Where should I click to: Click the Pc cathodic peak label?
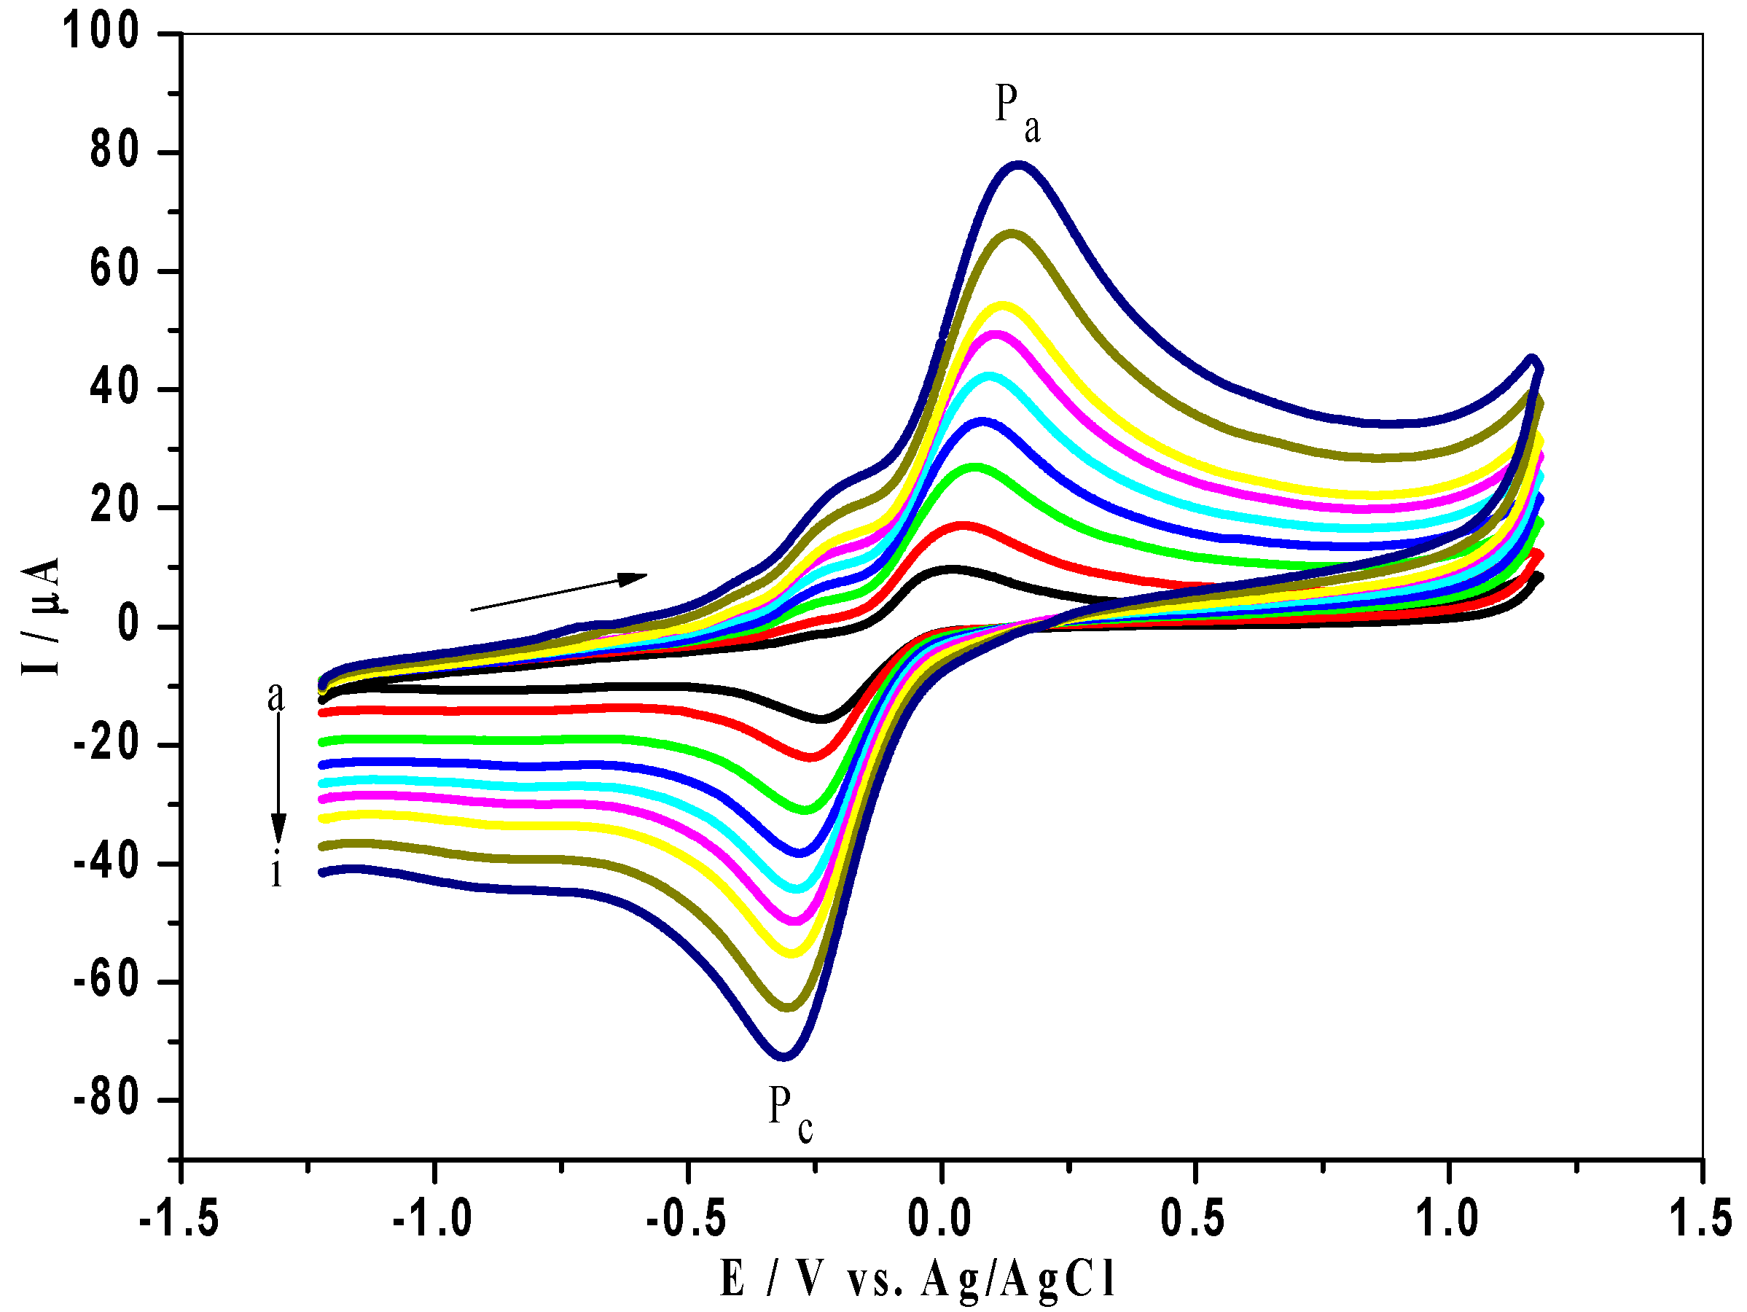coord(790,1113)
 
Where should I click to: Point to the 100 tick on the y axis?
coord(101,34)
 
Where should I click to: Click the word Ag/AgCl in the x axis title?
coord(1019,1278)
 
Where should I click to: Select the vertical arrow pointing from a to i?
coord(278,778)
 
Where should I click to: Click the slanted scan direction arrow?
coord(558,592)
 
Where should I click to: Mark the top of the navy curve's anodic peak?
coord(1018,165)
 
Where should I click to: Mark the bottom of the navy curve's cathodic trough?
coord(783,1056)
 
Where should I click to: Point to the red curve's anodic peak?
coord(962,526)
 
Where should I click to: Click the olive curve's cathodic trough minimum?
coord(787,1007)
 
